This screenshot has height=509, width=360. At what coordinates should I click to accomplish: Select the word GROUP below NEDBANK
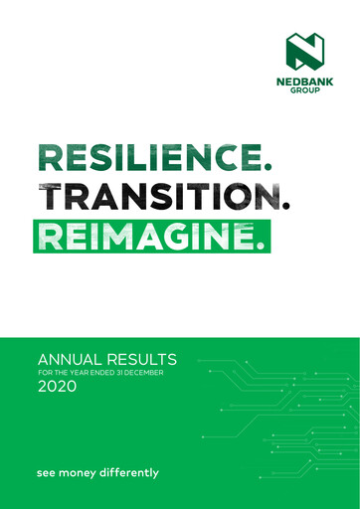305,95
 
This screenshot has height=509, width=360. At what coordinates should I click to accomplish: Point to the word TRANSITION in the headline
157,198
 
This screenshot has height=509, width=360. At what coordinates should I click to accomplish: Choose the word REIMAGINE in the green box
145,236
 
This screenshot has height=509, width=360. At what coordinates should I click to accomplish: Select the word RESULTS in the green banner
143,359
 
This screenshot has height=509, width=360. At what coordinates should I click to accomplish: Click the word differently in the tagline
130,472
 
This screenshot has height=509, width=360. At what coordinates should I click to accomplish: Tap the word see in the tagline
46,472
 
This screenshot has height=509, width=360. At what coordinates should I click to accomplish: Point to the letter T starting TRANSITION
48,198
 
